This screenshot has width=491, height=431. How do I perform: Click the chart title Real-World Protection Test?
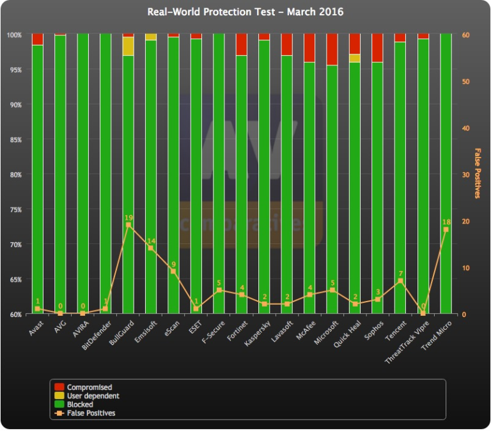[x=245, y=12]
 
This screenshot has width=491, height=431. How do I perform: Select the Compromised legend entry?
[x=89, y=387]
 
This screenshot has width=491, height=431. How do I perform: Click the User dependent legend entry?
[x=93, y=396]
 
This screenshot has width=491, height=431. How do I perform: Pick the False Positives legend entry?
[x=91, y=413]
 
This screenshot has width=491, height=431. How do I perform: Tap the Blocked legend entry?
[x=80, y=404]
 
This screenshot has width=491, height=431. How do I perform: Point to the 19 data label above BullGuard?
[x=129, y=218]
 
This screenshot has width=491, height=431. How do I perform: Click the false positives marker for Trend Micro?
[x=446, y=229]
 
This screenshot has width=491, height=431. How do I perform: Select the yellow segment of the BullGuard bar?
[x=129, y=46]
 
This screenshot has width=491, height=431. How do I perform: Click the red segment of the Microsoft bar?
[x=332, y=49]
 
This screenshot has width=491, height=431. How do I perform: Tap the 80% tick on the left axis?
[x=15, y=174]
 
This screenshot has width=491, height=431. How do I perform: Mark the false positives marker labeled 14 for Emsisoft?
[x=151, y=248]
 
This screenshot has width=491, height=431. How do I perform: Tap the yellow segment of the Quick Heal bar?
[x=355, y=58]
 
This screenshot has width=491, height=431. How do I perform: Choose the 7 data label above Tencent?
[x=400, y=273]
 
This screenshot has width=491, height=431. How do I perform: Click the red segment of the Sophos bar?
[x=377, y=48]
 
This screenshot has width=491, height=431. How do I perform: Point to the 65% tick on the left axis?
[x=15, y=279]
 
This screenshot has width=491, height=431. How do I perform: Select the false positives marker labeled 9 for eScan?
[x=173, y=271]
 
